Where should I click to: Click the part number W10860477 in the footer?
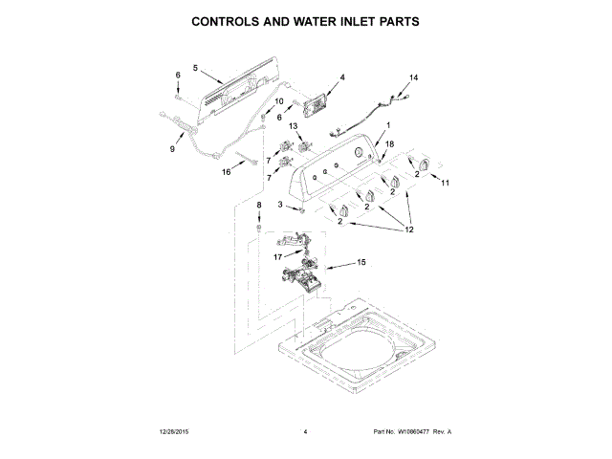point(411,432)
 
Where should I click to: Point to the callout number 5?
point(195,68)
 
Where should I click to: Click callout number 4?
point(341,76)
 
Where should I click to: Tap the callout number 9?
point(172,149)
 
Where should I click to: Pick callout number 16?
point(227,173)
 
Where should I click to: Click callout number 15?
point(361,262)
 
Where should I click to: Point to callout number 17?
point(278,256)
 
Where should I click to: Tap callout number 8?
point(257,205)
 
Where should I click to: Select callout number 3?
point(280,205)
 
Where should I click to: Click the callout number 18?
point(389,143)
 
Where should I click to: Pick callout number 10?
point(279,101)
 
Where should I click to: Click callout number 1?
point(388,126)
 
